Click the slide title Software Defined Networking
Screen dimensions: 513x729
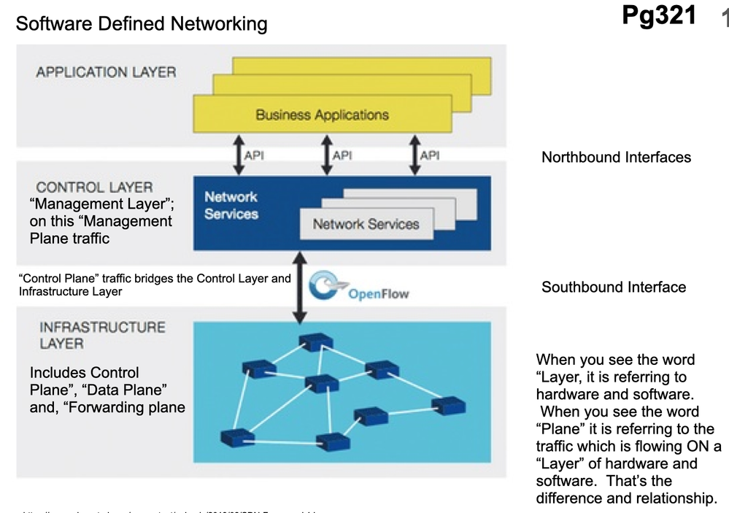(x=142, y=24)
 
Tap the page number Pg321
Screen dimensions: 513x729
(x=659, y=15)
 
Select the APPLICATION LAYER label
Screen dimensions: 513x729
(x=106, y=72)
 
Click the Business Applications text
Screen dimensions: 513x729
(x=322, y=115)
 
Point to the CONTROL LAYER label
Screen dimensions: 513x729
(x=94, y=188)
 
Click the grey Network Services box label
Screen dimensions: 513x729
(x=366, y=224)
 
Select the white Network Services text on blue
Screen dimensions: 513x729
(x=231, y=205)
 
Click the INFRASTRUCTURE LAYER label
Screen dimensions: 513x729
(x=102, y=335)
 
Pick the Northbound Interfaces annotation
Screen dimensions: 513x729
(x=616, y=157)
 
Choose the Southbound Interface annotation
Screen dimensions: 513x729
(x=614, y=287)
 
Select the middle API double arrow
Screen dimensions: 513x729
(x=327, y=155)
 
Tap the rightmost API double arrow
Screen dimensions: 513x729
(x=415, y=155)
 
